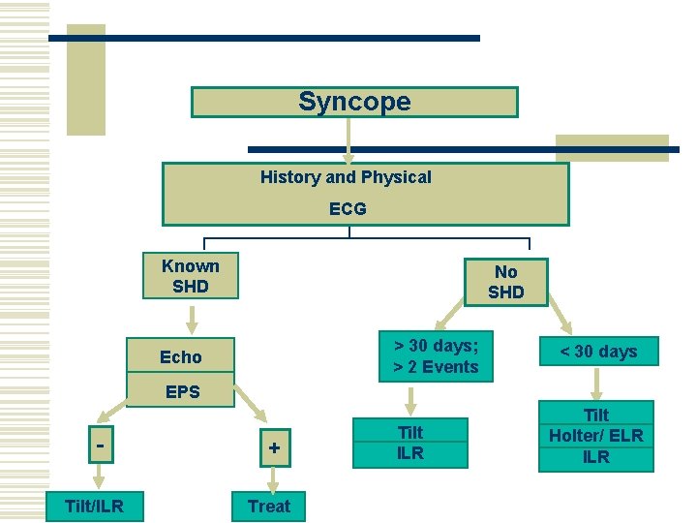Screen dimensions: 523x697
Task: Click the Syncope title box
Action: [354, 102]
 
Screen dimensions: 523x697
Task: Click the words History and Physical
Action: [346, 177]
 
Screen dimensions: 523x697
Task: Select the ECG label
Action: [348, 208]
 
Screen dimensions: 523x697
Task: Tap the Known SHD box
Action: [190, 276]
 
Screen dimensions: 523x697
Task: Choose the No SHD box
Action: [505, 282]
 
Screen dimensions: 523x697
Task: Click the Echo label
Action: [181, 357]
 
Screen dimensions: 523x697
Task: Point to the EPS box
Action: [182, 392]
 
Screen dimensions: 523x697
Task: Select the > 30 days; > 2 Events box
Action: [436, 356]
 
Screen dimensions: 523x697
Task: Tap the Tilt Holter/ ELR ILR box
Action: [596, 436]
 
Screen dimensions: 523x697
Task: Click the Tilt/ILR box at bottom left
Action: [93, 506]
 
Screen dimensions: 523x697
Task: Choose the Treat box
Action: [268, 506]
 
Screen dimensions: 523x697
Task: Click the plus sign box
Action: [274, 447]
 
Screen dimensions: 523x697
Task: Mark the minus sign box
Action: [100, 446]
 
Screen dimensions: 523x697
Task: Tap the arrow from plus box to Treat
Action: [271, 479]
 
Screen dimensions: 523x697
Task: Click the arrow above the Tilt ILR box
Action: [410, 399]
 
